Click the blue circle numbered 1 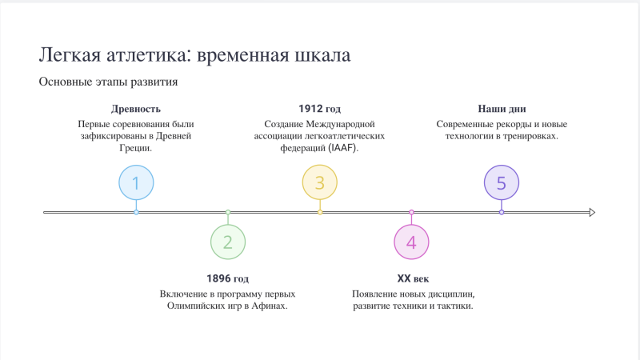pyautogui.click(x=136, y=182)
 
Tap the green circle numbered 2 pyautogui.click(x=228, y=242)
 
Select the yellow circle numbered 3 pyautogui.click(x=319, y=182)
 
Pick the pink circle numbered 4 pyautogui.click(x=411, y=242)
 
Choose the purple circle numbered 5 pyautogui.click(x=502, y=182)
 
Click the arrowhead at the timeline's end pyautogui.click(x=592, y=212)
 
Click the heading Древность pyautogui.click(x=136, y=109)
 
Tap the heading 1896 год pyautogui.click(x=227, y=278)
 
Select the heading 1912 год pyautogui.click(x=319, y=109)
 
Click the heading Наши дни pyautogui.click(x=502, y=109)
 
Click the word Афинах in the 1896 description pyautogui.click(x=269, y=306)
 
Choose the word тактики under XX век pyautogui.click(x=454, y=306)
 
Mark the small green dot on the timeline pyautogui.click(x=228, y=212)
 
